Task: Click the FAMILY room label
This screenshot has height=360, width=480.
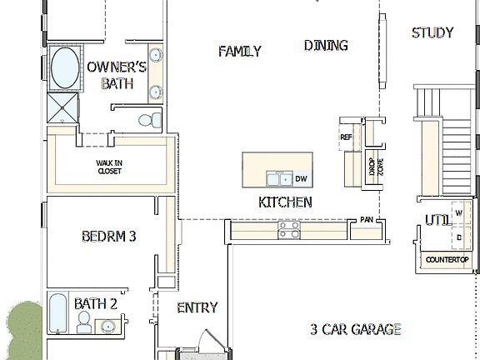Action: [240, 52]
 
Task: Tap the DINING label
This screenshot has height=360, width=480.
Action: [326, 46]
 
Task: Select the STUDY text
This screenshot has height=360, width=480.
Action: [432, 33]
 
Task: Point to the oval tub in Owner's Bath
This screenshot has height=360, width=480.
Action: [64, 68]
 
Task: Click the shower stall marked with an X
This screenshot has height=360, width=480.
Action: [64, 108]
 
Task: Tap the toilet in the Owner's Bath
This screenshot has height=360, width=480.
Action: [147, 119]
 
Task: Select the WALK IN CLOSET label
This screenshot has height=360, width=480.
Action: [108, 167]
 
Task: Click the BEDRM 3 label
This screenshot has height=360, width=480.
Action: [108, 237]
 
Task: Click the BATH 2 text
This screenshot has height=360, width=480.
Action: [96, 303]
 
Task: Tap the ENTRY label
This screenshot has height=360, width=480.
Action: [197, 307]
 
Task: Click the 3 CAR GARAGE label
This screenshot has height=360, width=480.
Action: [356, 329]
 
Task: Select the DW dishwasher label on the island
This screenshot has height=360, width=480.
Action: [302, 178]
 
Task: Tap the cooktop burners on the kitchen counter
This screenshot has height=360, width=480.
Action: [289, 229]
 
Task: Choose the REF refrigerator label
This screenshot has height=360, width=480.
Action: [347, 137]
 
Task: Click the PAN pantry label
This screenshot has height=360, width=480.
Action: [367, 221]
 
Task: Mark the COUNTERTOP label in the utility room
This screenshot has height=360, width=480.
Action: [447, 261]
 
